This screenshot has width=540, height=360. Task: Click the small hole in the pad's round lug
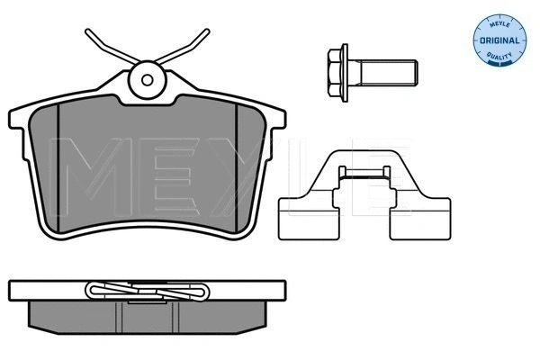coord(148,79)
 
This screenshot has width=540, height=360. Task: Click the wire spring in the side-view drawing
coord(148,291)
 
